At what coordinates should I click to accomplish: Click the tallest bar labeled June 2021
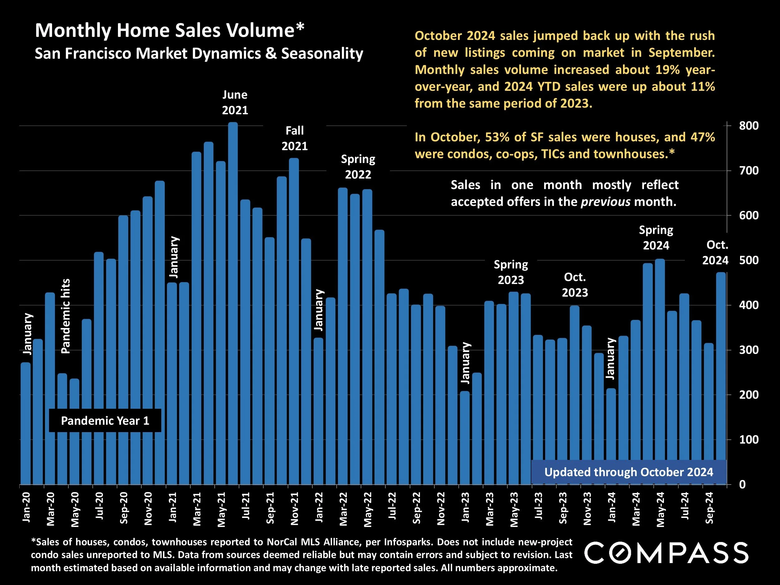tap(233, 303)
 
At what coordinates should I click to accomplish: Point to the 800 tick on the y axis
tap(748, 126)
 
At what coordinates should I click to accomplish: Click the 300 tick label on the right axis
tap(748, 350)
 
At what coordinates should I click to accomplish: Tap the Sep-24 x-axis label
tap(709, 508)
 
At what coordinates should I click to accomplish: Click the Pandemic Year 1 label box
tap(105, 421)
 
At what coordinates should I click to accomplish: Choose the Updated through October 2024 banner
tap(629, 472)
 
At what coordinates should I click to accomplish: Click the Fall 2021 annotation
tap(295, 139)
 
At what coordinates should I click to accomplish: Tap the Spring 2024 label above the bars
tap(656, 238)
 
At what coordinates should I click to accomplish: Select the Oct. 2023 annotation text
tap(575, 285)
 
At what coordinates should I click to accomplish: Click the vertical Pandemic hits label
tap(66, 316)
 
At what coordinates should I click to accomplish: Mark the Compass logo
tap(666, 553)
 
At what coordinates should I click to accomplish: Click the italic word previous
tap(606, 202)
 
